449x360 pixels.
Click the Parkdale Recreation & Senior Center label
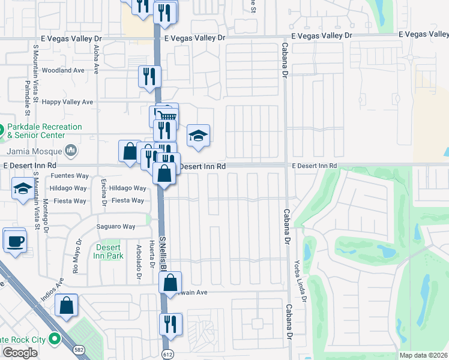(x=44, y=131)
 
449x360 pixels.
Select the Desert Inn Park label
(x=108, y=251)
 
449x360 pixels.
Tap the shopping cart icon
(x=168, y=115)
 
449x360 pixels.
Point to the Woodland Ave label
(x=67, y=70)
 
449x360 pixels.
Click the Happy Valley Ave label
(x=71, y=102)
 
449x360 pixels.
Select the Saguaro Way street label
(x=116, y=226)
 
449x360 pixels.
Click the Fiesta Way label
(x=128, y=200)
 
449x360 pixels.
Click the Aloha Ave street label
(x=95, y=58)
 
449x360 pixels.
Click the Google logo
(x=20, y=352)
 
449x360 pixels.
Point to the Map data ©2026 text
(x=423, y=355)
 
